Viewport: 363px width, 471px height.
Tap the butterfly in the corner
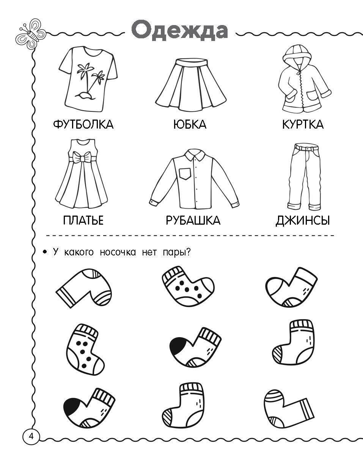(31, 33)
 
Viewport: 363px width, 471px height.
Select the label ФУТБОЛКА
(83, 124)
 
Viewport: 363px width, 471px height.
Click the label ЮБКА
(190, 124)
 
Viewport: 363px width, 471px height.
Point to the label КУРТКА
(303, 124)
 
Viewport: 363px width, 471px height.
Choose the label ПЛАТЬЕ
(83, 220)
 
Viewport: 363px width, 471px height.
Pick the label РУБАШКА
(193, 220)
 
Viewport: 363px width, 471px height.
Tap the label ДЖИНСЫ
(303, 221)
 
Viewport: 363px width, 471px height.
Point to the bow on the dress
(81, 158)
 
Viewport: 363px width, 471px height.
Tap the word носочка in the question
(118, 252)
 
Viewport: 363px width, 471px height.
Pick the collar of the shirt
(194, 154)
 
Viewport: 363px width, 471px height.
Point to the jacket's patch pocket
(312, 95)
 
